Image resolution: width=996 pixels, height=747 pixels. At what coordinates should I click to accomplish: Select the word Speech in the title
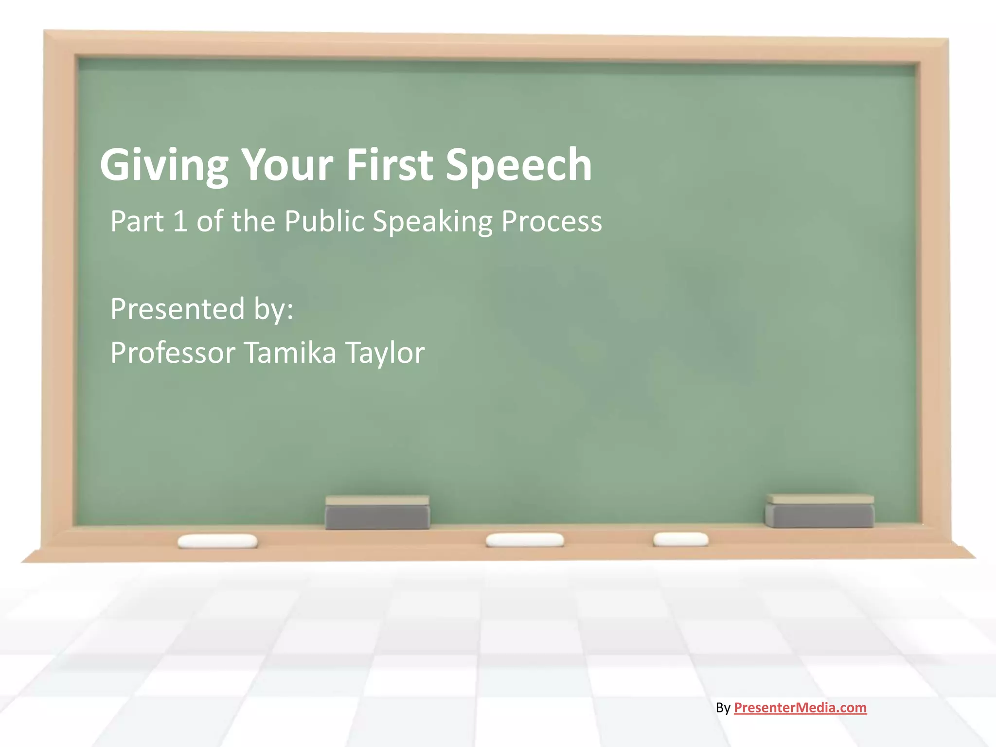point(518,165)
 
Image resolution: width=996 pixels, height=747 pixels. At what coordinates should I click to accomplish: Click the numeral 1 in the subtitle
point(180,221)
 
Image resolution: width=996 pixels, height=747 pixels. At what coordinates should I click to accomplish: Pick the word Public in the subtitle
point(324,221)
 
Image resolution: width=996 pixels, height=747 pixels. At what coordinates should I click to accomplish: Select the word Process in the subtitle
point(551,221)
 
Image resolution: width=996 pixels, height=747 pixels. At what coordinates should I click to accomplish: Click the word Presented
point(178,309)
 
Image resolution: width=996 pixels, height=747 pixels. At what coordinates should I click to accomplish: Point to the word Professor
point(173,353)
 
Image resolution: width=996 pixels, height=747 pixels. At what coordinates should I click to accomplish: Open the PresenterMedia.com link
point(800,708)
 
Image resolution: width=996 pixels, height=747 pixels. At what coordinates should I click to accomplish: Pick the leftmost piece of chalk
point(217,541)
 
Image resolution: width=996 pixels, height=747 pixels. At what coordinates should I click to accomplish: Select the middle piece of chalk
point(525,540)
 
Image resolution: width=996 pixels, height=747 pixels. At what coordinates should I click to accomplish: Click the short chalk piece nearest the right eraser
point(680,539)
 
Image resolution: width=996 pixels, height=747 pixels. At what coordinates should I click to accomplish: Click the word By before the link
point(723,708)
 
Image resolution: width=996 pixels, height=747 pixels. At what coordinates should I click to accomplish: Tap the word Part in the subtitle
point(137,221)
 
